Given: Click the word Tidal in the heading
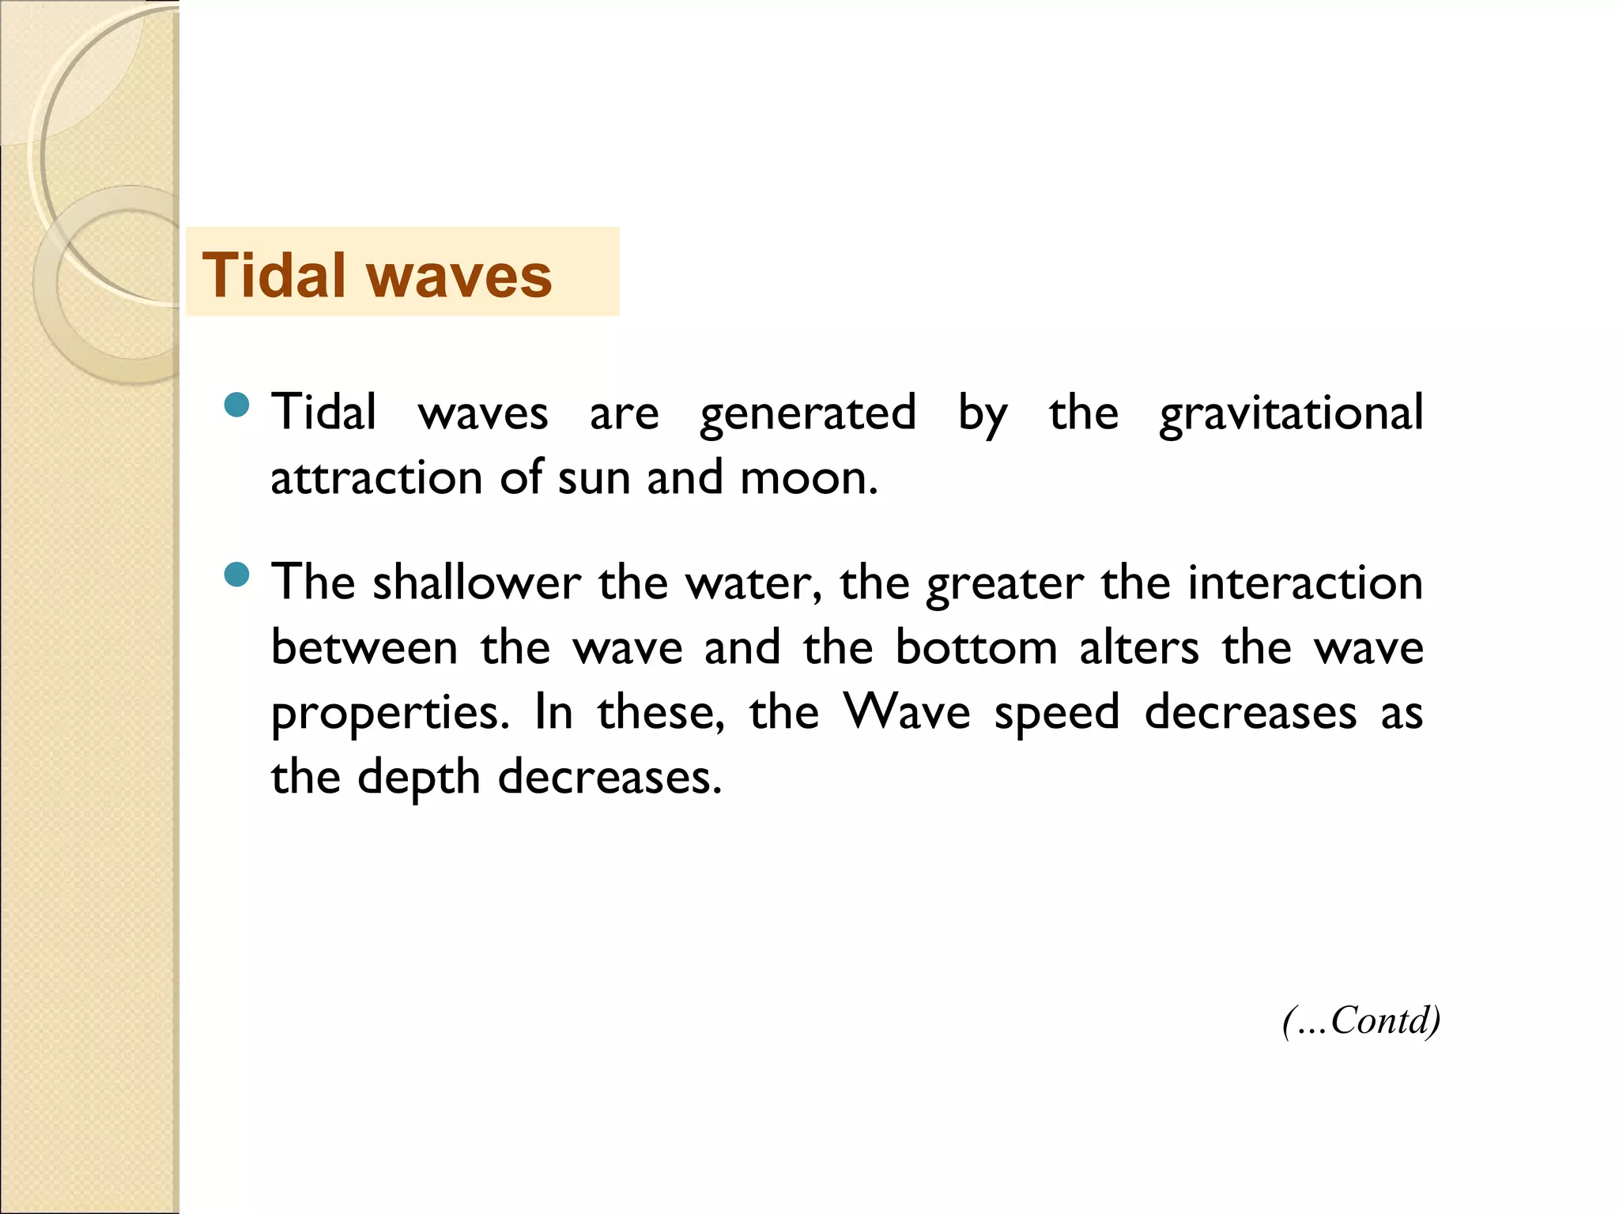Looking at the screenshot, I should (x=274, y=275).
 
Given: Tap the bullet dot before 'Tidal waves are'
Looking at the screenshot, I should (x=236, y=405).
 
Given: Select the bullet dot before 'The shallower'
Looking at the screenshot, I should (x=236, y=575).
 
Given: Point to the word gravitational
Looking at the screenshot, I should (x=1291, y=413).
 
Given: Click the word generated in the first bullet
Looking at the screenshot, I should (x=807, y=413).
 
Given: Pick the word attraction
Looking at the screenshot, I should (x=376, y=478).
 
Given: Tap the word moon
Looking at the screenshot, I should (x=808, y=478).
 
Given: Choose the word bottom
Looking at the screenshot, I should (x=976, y=647).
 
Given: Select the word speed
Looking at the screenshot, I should (x=1057, y=714).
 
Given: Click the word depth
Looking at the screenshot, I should (x=419, y=779).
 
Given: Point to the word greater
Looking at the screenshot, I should (x=1004, y=585).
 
